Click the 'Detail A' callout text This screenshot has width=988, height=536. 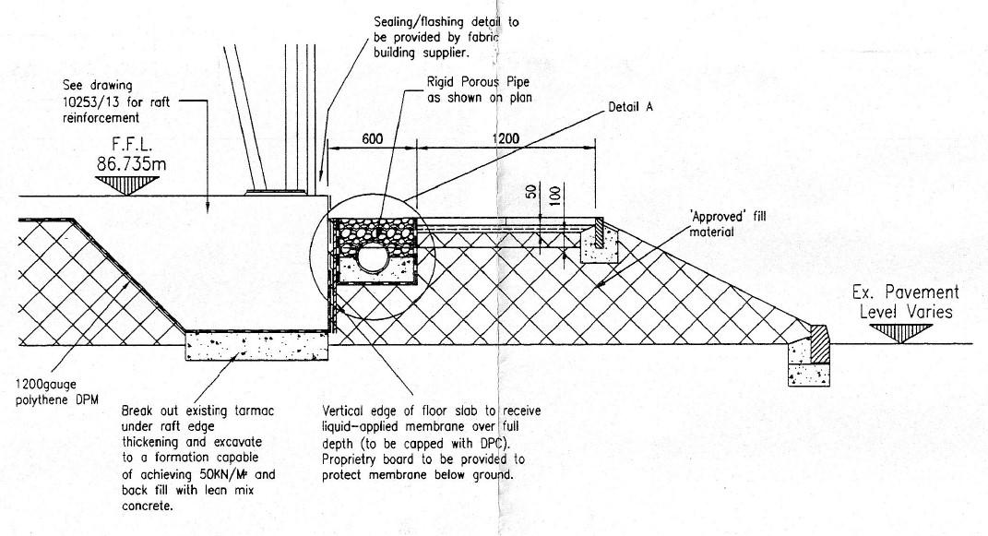(x=631, y=108)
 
